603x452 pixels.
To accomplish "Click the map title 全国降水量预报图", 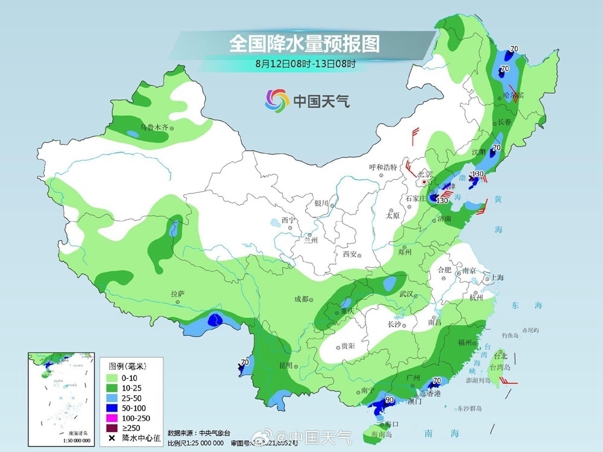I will [304, 43].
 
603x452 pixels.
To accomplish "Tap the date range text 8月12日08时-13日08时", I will [305, 63].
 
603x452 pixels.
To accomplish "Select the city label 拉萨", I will [177, 294].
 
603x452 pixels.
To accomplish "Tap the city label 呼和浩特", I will [384, 168].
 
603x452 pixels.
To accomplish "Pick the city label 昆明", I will [285, 366].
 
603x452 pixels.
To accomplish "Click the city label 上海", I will [497, 278].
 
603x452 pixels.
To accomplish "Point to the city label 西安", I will [350, 254].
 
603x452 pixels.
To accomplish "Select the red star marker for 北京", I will [425, 181].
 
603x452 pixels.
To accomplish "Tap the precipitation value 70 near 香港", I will [437, 381].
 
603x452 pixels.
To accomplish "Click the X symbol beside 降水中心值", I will [112, 438].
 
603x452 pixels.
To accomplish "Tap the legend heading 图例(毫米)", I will [127, 365].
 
